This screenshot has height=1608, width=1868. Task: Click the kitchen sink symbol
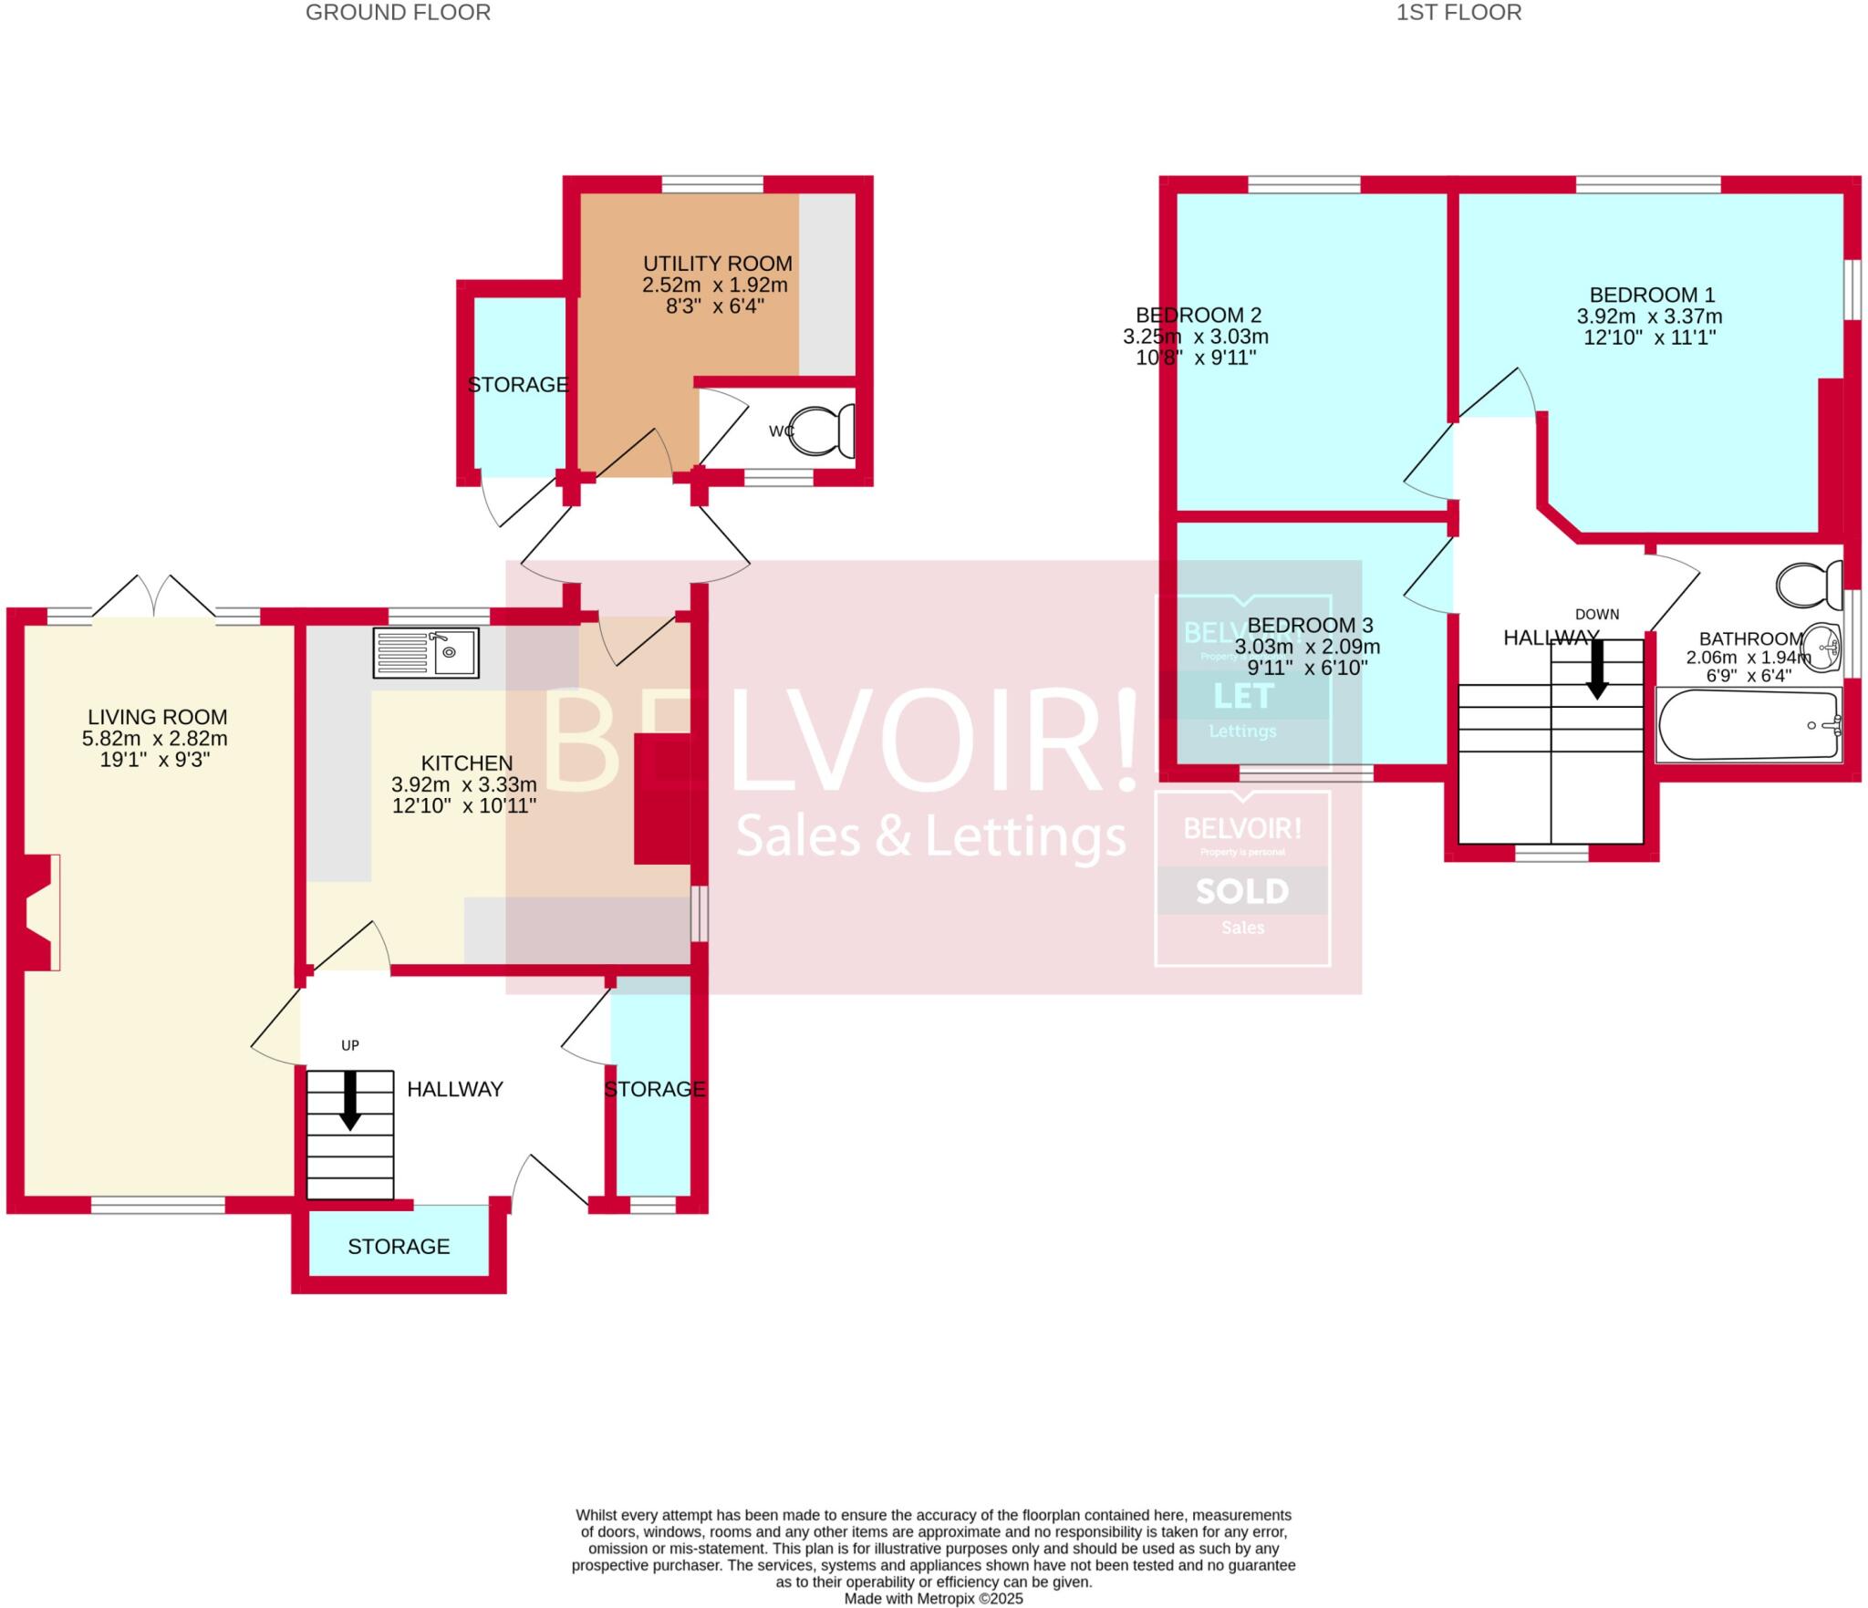click(x=425, y=652)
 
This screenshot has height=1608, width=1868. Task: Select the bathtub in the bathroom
click(x=1748, y=726)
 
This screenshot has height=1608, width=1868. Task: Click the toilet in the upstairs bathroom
click(x=1810, y=585)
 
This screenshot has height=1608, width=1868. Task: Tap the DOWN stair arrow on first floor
click(x=1596, y=669)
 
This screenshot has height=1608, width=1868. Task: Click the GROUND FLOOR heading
click(x=398, y=13)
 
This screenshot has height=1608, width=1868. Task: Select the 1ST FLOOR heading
click(x=1458, y=13)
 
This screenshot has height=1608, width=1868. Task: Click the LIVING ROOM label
click(x=157, y=718)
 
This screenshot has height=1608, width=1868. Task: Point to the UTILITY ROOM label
click(x=717, y=264)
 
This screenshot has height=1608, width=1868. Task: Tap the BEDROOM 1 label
click(x=1651, y=295)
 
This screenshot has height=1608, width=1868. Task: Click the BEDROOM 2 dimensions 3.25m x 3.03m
click(x=1195, y=337)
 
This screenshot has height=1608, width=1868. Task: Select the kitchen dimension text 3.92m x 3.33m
click(x=463, y=784)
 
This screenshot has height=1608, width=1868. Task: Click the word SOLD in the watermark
click(x=1241, y=891)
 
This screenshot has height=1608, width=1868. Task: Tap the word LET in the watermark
click(x=1242, y=697)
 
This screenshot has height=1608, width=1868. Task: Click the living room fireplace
click(x=41, y=912)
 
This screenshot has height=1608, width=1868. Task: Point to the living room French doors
click(x=154, y=597)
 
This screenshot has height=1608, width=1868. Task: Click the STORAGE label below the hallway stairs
click(x=399, y=1246)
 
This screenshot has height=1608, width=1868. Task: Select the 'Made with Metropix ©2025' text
click(x=933, y=1599)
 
